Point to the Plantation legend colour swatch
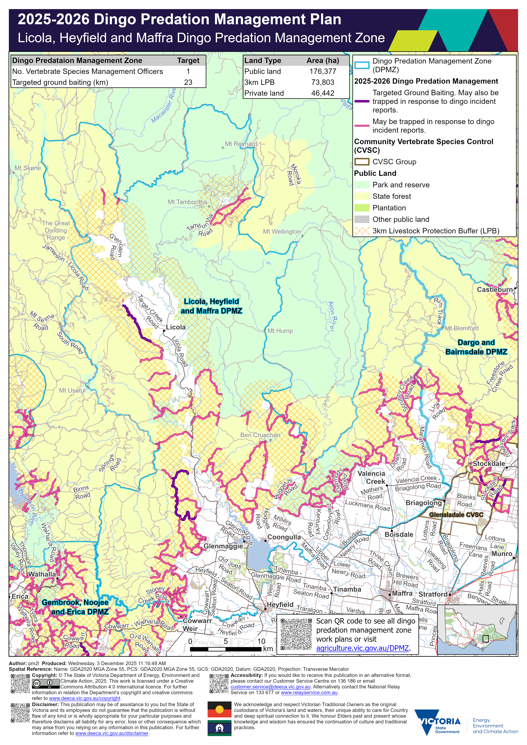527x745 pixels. click(x=362, y=208)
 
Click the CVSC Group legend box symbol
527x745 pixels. click(x=362, y=162)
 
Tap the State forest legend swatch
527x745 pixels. click(x=362, y=196)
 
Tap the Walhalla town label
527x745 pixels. click(x=42, y=574)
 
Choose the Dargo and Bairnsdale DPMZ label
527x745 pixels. click(x=476, y=347)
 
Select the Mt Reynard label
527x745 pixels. click(x=241, y=144)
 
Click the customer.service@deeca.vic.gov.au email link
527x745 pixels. click(x=270, y=687)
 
